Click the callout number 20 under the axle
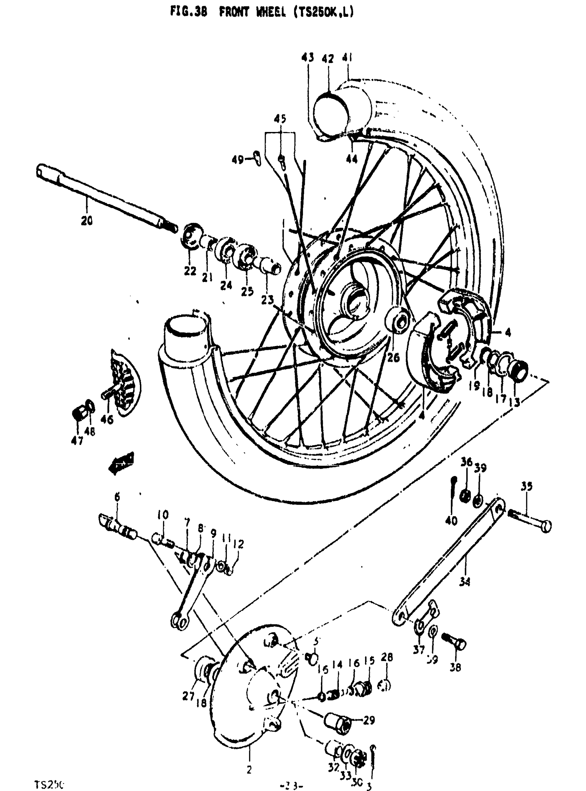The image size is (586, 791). (x=87, y=221)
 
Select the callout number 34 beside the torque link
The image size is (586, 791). (x=464, y=582)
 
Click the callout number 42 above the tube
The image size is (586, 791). (x=328, y=59)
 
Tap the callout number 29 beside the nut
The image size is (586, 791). (x=369, y=720)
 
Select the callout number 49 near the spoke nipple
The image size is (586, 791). (x=238, y=160)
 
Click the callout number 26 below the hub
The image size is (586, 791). (x=393, y=357)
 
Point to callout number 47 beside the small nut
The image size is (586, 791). (x=77, y=440)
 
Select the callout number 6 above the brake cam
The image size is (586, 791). (x=117, y=497)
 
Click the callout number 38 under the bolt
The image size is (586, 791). (x=455, y=667)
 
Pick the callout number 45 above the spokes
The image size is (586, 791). (x=280, y=119)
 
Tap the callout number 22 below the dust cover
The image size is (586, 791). (x=190, y=271)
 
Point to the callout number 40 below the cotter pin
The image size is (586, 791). (x=451, y=521)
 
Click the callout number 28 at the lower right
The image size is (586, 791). (x=386, y=657)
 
